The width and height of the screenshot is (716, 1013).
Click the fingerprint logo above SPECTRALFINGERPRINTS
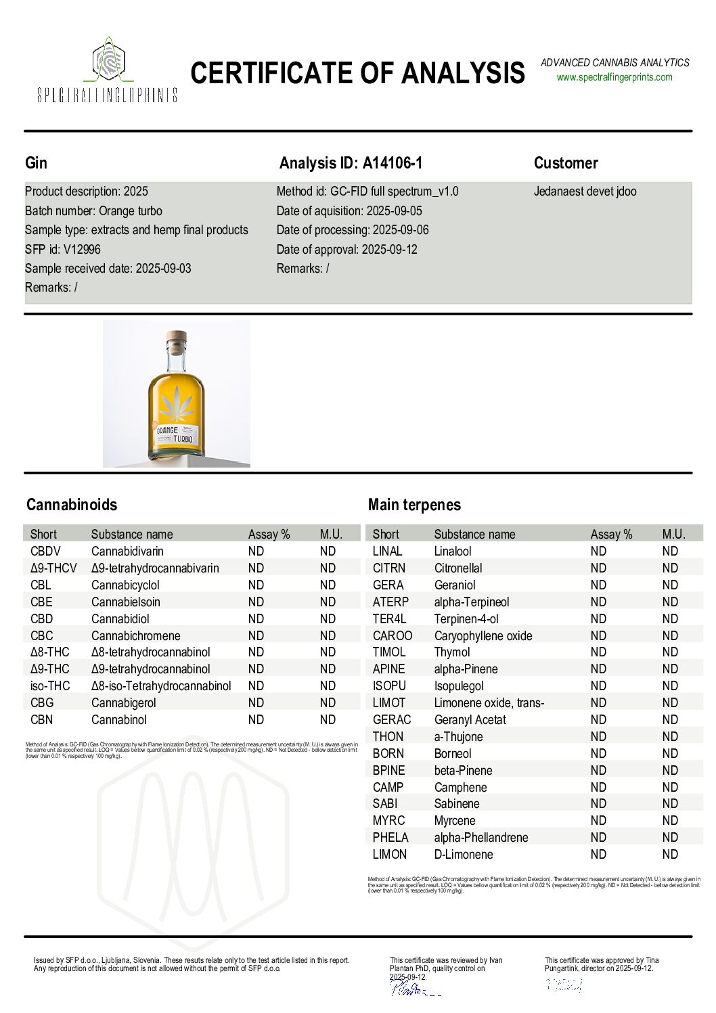(108, 61)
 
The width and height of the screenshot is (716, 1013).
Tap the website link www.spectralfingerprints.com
(614, 77)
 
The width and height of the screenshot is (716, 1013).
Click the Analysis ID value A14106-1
(393, 163)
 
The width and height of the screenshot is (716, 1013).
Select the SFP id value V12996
(82, 249)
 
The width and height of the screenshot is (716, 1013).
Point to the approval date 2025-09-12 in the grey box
(389, 249)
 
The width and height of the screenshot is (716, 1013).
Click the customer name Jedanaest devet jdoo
(585, 192)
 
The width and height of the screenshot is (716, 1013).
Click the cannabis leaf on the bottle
(176, 403)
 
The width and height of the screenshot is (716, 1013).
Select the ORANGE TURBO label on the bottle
(175, 434)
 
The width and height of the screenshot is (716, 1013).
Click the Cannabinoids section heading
(72, 505)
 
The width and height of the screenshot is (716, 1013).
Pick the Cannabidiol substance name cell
(120, 618)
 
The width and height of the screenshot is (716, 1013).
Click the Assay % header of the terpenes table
(611, 534)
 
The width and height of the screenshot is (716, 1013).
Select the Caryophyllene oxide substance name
(483, 635)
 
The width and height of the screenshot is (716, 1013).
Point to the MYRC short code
(388, 821)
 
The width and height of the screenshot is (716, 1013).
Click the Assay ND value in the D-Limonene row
(598, 855)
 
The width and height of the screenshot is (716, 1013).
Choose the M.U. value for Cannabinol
(328, 720)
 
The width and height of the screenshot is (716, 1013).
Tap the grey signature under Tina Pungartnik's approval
(564, 985)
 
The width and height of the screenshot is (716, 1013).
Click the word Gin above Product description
(37, 163)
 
